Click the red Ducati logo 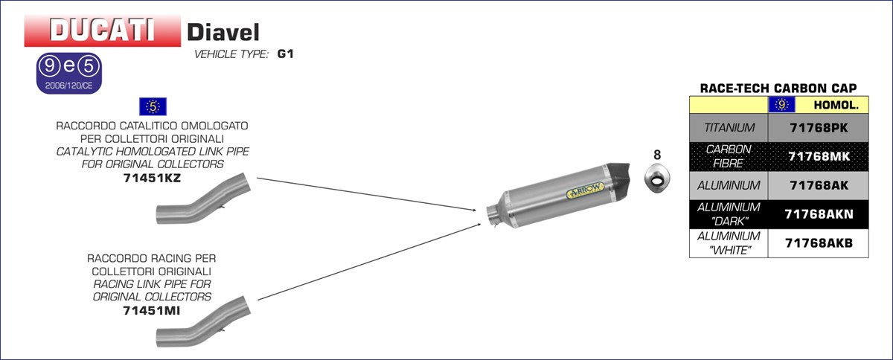tap(103, 30)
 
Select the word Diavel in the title tap(223, 32)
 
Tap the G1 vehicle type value tap(286, 54)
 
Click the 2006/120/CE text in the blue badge tap(69, 86)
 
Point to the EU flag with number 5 tap(153, 106)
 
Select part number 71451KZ tap(153, 178)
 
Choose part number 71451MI tap(152, 310)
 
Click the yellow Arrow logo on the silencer tap(585, 190)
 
